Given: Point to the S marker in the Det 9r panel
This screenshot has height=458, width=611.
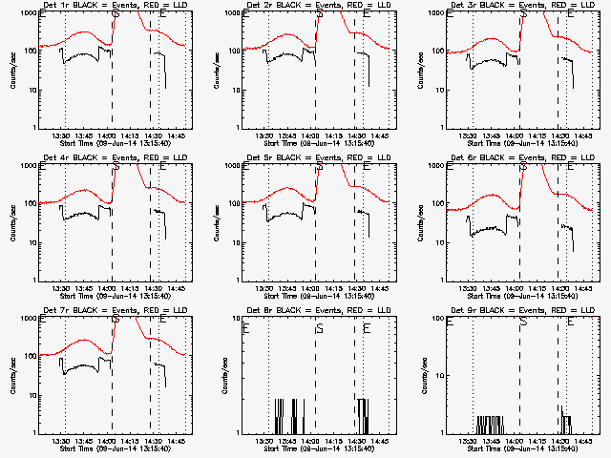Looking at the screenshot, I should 522,323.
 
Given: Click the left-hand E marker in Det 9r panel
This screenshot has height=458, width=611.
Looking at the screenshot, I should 449,323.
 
